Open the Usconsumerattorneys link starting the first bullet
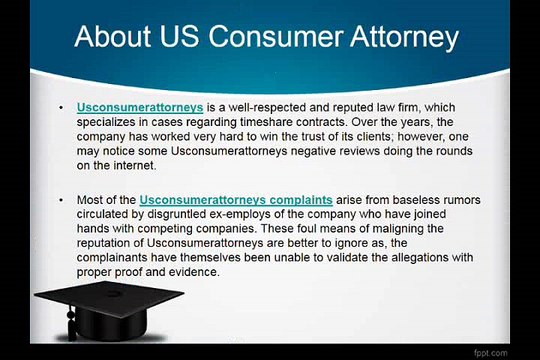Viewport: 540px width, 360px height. click(x=140, y=105)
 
